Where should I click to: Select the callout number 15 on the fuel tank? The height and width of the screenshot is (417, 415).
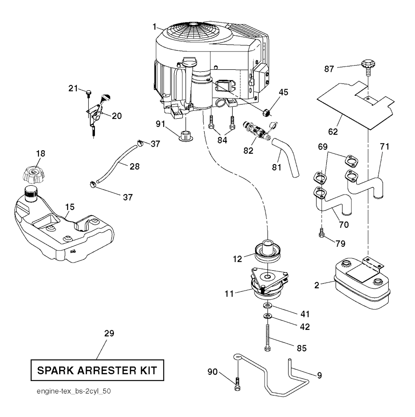70,207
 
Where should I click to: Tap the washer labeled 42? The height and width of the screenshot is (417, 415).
267,315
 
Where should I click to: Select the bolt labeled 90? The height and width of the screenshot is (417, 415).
237,382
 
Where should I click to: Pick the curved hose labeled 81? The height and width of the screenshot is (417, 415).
287,156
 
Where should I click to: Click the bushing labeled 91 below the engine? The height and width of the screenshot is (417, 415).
186,135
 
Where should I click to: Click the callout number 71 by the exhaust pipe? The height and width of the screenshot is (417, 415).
384,147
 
